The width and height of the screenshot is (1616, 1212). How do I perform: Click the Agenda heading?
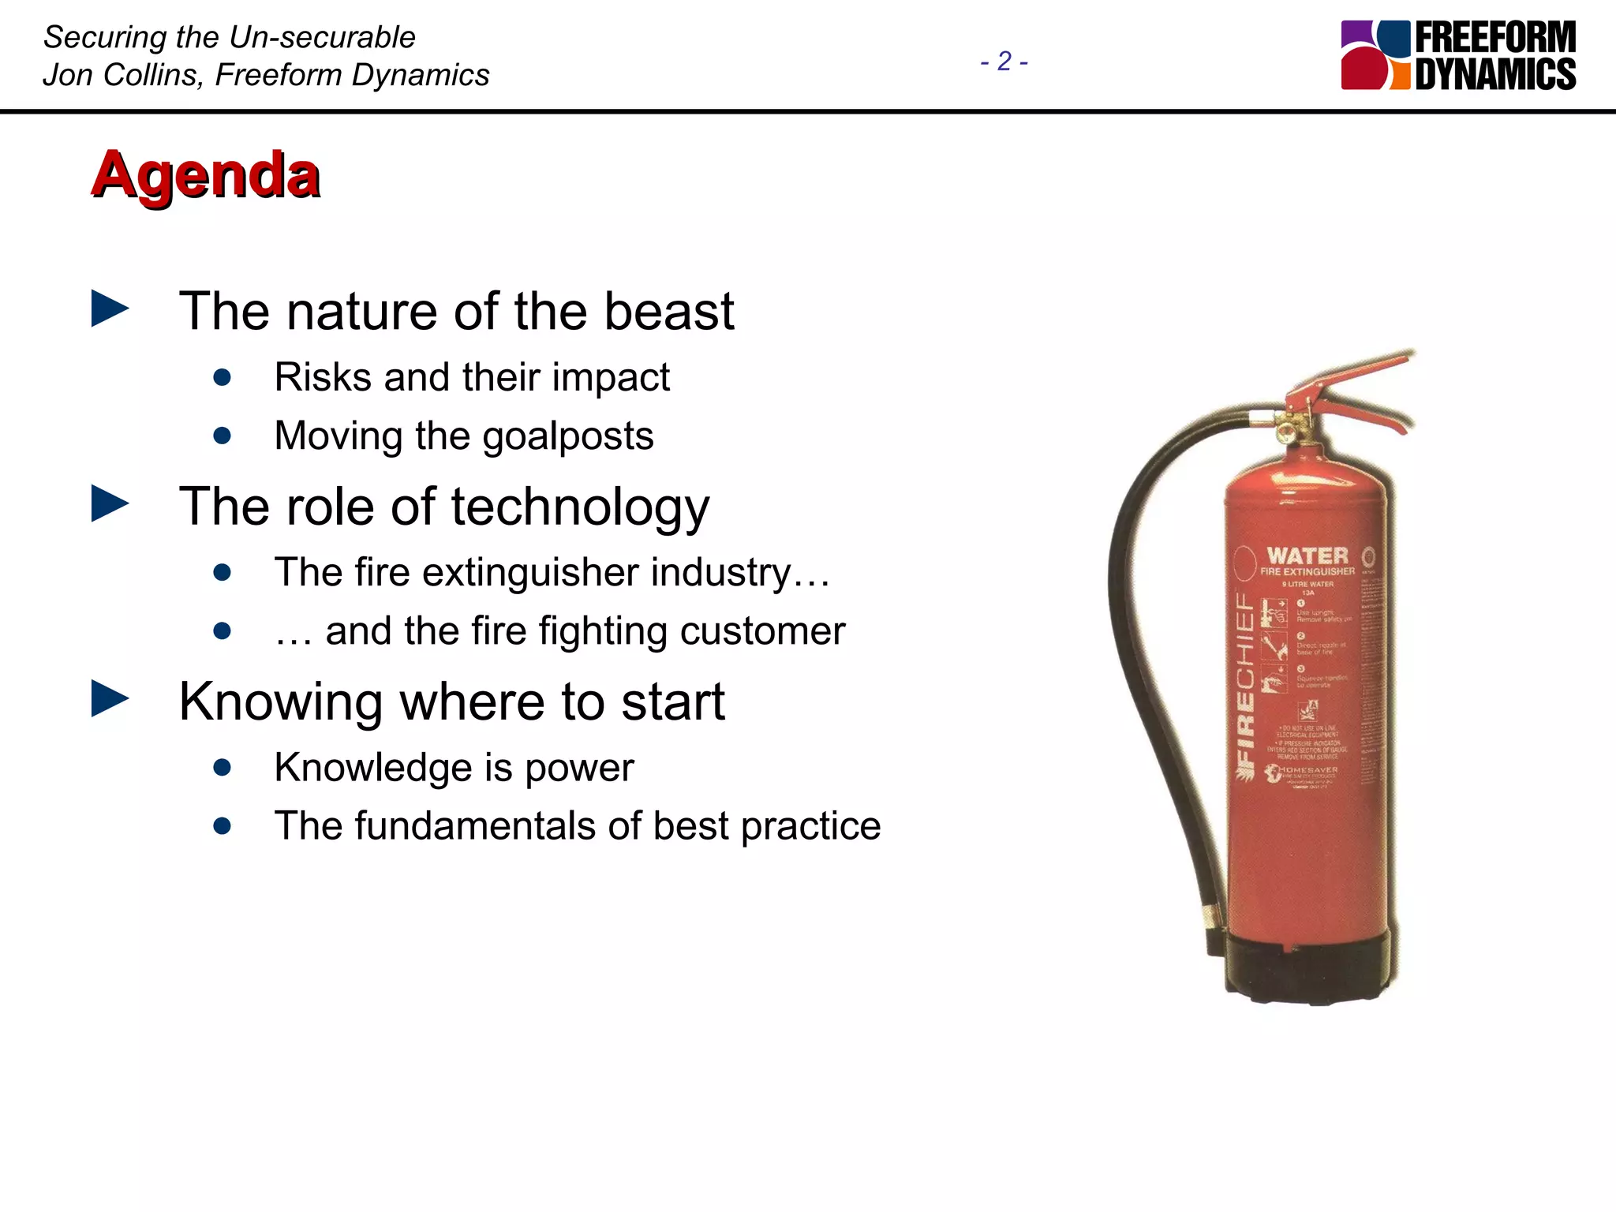click(206, 174)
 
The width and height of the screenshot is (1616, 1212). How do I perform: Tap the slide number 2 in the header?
click(1004, 62)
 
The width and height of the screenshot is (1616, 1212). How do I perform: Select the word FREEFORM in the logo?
click(1495, 37)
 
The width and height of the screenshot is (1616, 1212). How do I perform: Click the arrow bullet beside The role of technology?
click(110, 504)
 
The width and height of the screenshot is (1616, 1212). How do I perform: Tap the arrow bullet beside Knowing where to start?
click(110, 699)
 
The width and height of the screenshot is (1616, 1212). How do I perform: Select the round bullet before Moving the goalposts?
click(223, 436)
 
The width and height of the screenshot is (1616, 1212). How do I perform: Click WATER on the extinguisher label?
click(1307, 555)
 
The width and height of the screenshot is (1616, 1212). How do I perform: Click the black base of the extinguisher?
click(1310, 971)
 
